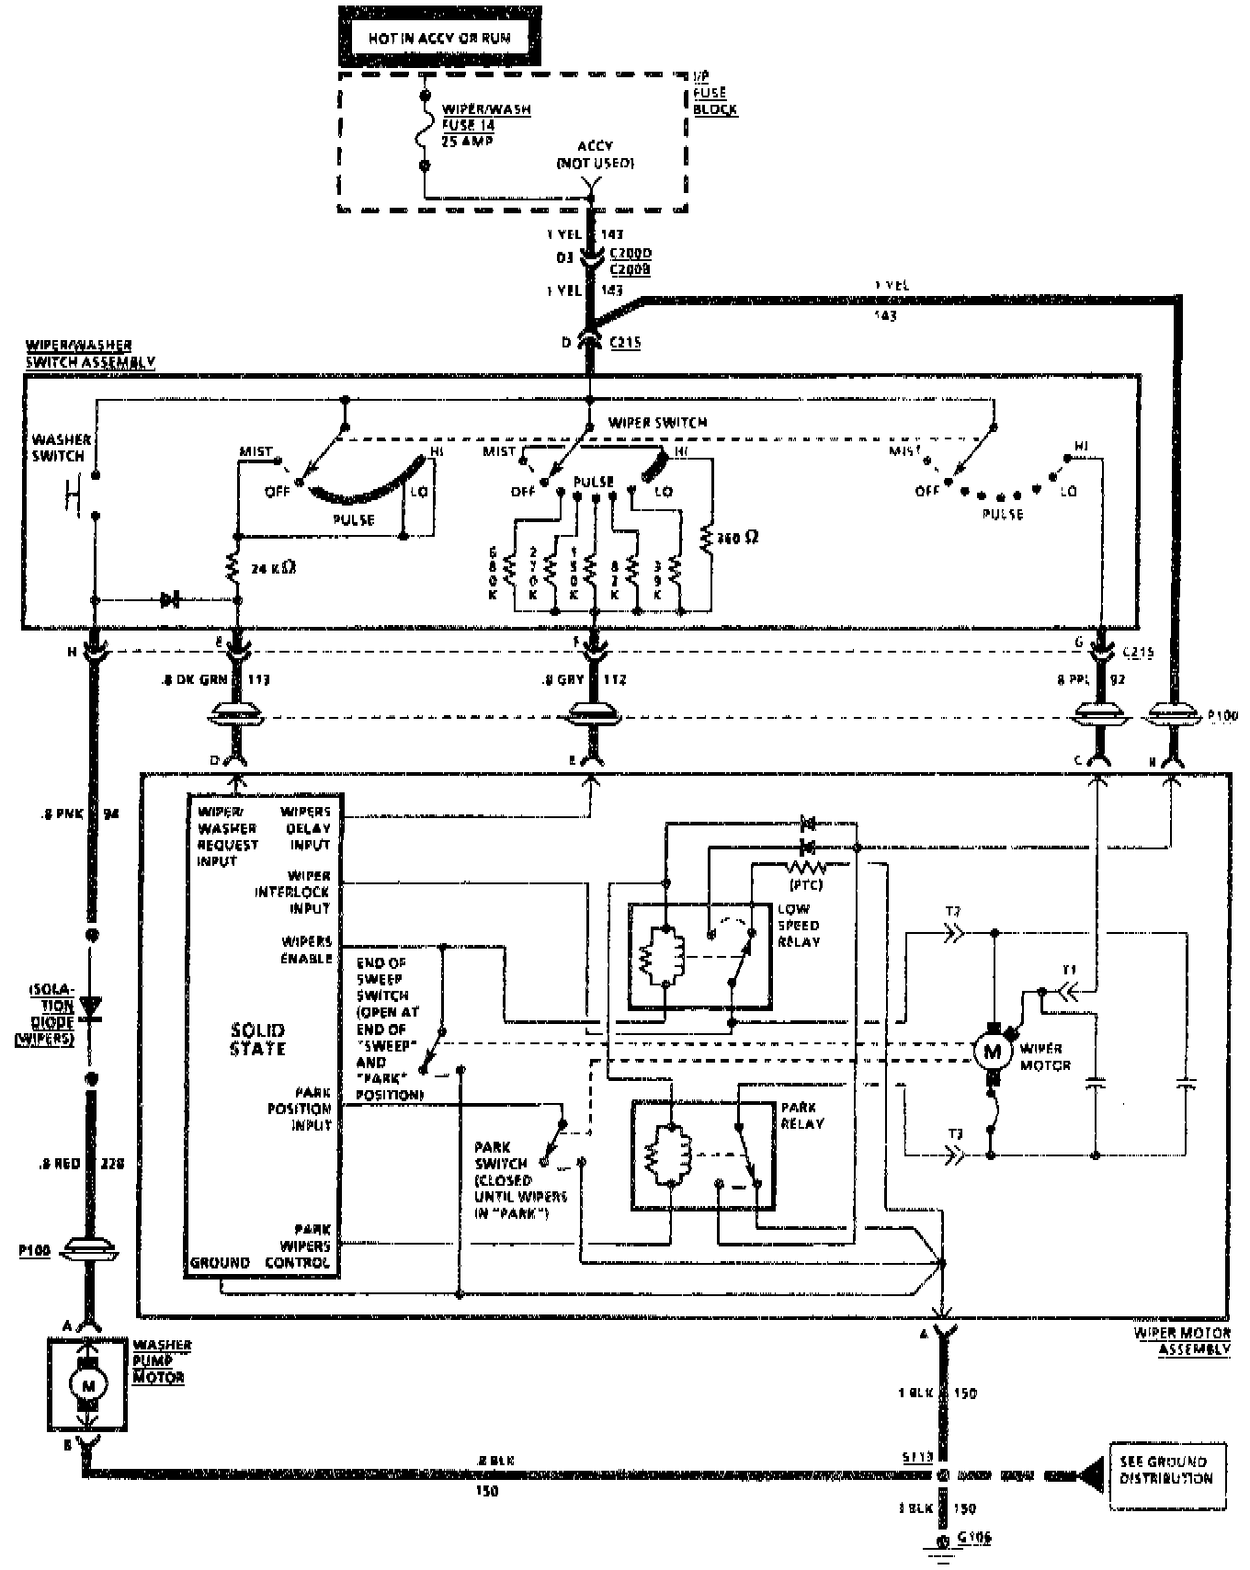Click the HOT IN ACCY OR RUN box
tap(438, 38)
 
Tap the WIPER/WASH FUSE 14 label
tap(485, 125)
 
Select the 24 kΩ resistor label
tap(273, 568)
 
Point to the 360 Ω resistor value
tap(738, 538)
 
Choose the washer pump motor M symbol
tap(88, 1384)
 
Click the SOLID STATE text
tap(258, 1040)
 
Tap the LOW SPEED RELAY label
tap(798, 925)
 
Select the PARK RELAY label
tap(801, 1115)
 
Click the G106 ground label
tap(973, 1537)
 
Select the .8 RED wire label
tap(62, 1164)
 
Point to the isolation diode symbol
tap(91, 1007)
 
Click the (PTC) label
tap(805, 884)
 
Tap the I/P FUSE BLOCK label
tap(714, 93)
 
